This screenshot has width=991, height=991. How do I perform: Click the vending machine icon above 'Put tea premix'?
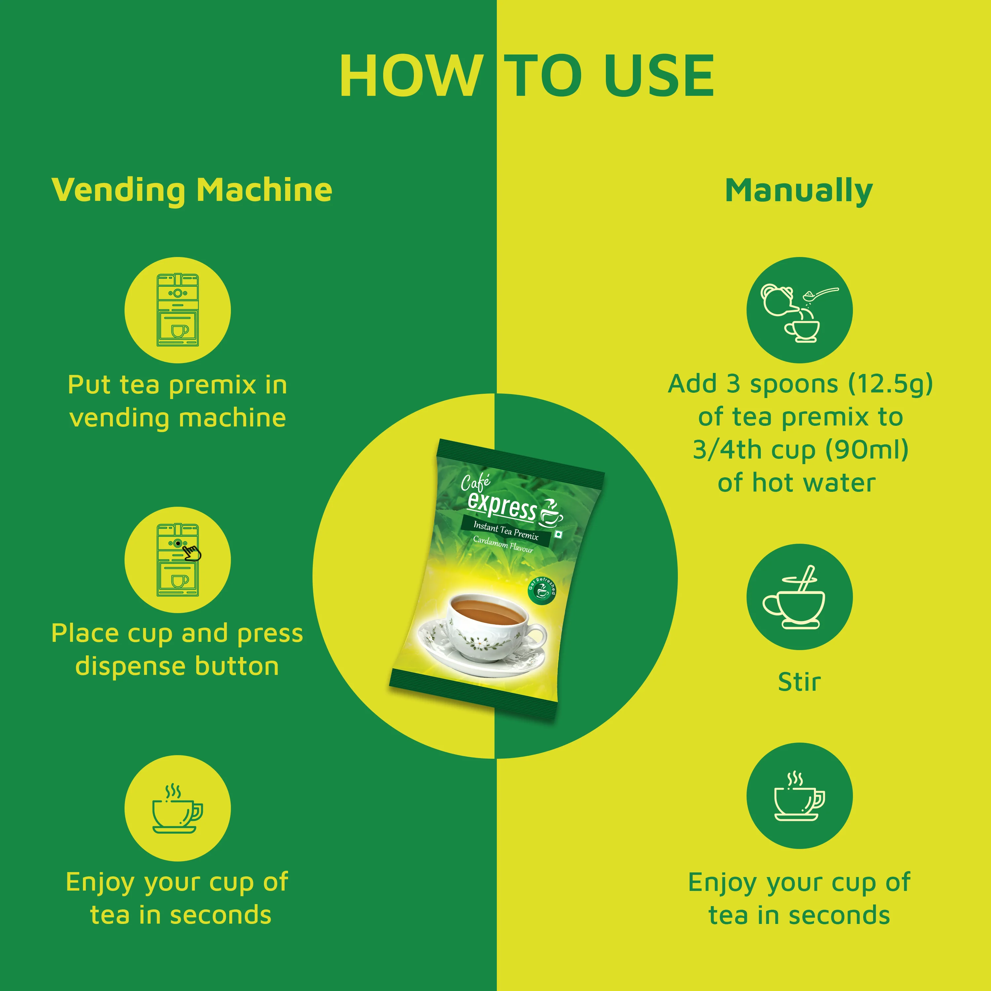[177, 310]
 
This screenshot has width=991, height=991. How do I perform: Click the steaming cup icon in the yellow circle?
[177, 808]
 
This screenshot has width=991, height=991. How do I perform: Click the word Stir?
[799, 682]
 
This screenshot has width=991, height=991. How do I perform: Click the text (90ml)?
[867, 450]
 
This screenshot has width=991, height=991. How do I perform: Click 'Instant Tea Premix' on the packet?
[506, 531]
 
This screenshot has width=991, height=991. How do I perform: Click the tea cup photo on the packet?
[482, 634]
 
